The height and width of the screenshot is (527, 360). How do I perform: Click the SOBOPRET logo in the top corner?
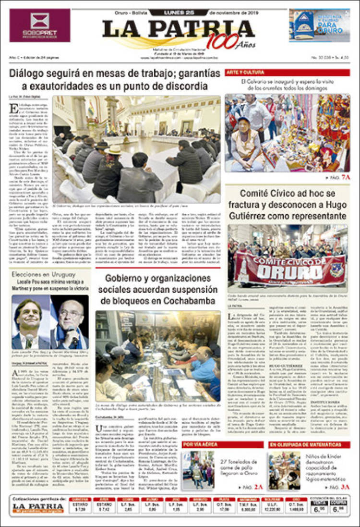[x=33, y=25]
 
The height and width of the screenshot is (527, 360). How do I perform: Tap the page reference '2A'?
[x=259, y=487]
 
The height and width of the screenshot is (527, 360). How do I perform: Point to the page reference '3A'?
[x=345, y=487]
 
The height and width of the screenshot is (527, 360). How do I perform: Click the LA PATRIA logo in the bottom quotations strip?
[x=38, y=507]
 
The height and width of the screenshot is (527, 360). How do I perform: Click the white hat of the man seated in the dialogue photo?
[x=114, y=150]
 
